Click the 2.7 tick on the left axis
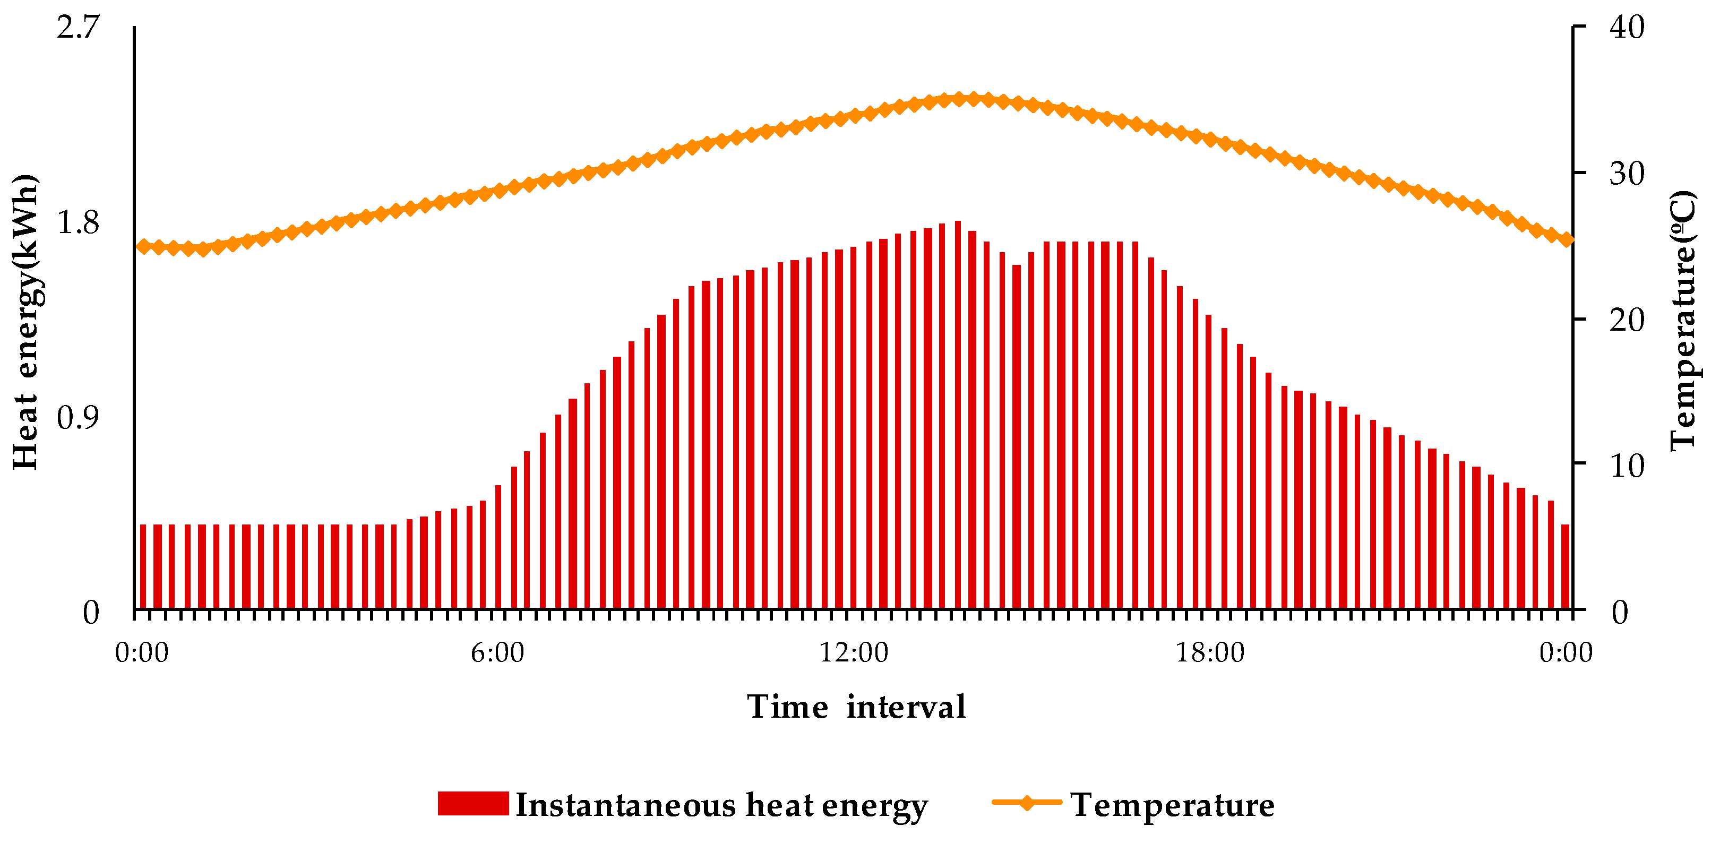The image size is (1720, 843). coord(78,28)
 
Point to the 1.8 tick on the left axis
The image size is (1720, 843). coord(78,222)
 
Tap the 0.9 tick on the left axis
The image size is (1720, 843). coord(78,418)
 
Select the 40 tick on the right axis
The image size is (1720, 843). coord(1627,28)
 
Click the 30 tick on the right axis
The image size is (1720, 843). coord(1627,174)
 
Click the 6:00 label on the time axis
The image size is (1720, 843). coord(497,652)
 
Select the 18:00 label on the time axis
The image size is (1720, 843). coord(1210,652)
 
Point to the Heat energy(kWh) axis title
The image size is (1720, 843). coord(25,322)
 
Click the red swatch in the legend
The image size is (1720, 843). coord(472,804)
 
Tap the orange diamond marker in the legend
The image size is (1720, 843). coord(1027,802)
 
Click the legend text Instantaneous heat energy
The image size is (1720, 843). coord(721,805)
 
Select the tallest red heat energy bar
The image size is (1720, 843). coord(958,414)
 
